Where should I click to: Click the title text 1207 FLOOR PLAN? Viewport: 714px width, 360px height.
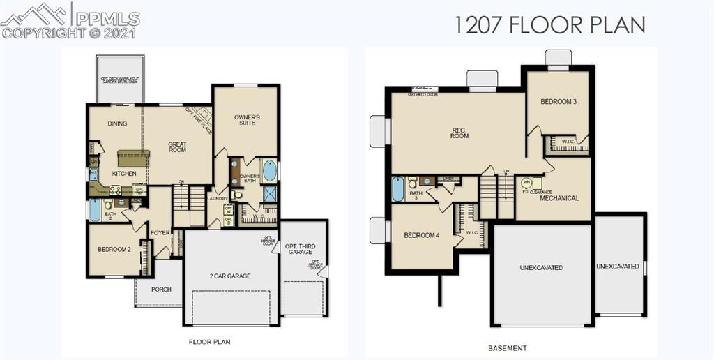(549, 24)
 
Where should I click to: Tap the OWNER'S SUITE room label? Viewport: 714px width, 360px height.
(246, 119)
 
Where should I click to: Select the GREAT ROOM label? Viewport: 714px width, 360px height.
(177, 147)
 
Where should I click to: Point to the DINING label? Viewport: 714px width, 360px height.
(117, 123)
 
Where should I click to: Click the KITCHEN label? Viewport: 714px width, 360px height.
(123, 173)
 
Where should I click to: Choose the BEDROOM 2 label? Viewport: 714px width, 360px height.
(114, 249)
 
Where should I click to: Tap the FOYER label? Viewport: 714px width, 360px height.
(160, 232)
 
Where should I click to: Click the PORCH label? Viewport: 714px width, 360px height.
(161, 289)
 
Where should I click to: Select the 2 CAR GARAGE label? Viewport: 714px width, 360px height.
(229, 276)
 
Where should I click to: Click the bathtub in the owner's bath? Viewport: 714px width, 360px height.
(270, 171)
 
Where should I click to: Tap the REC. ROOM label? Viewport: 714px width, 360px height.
(460, 133)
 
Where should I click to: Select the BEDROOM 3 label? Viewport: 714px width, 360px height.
(559, 101)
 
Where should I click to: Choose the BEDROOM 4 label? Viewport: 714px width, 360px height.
(422, 235)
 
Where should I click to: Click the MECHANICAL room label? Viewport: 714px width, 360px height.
(559, 198)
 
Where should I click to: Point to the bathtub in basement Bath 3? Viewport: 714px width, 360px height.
(398, 189)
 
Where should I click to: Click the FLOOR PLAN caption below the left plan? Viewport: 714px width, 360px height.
(209, 342)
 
